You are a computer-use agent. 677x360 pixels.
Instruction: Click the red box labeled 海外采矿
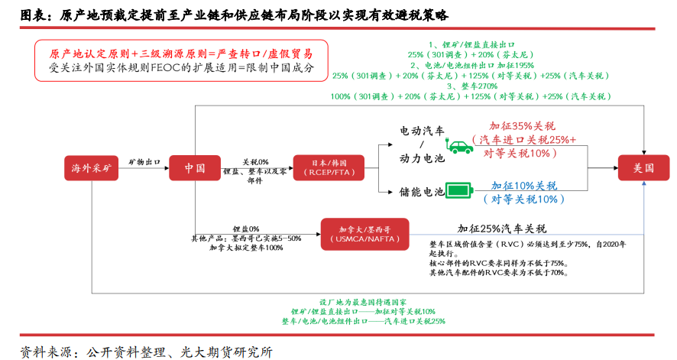(x=92, y=168)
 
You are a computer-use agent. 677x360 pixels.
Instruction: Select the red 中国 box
(x=195, y=168)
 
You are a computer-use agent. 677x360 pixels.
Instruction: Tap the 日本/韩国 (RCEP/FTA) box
(x=329, y=168)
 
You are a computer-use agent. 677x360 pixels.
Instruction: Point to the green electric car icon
(x=460, y=146)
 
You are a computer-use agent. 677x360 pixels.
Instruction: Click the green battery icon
(x=460, y=190)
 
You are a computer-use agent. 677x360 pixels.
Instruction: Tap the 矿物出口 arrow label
(x=144, y=162)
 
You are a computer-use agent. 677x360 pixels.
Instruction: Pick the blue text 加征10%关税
(x=524, y=186)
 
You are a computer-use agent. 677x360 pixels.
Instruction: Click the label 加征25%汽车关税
(x=501, y=229)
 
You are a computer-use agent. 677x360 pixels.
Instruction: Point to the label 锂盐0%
(x=246, y=229)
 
